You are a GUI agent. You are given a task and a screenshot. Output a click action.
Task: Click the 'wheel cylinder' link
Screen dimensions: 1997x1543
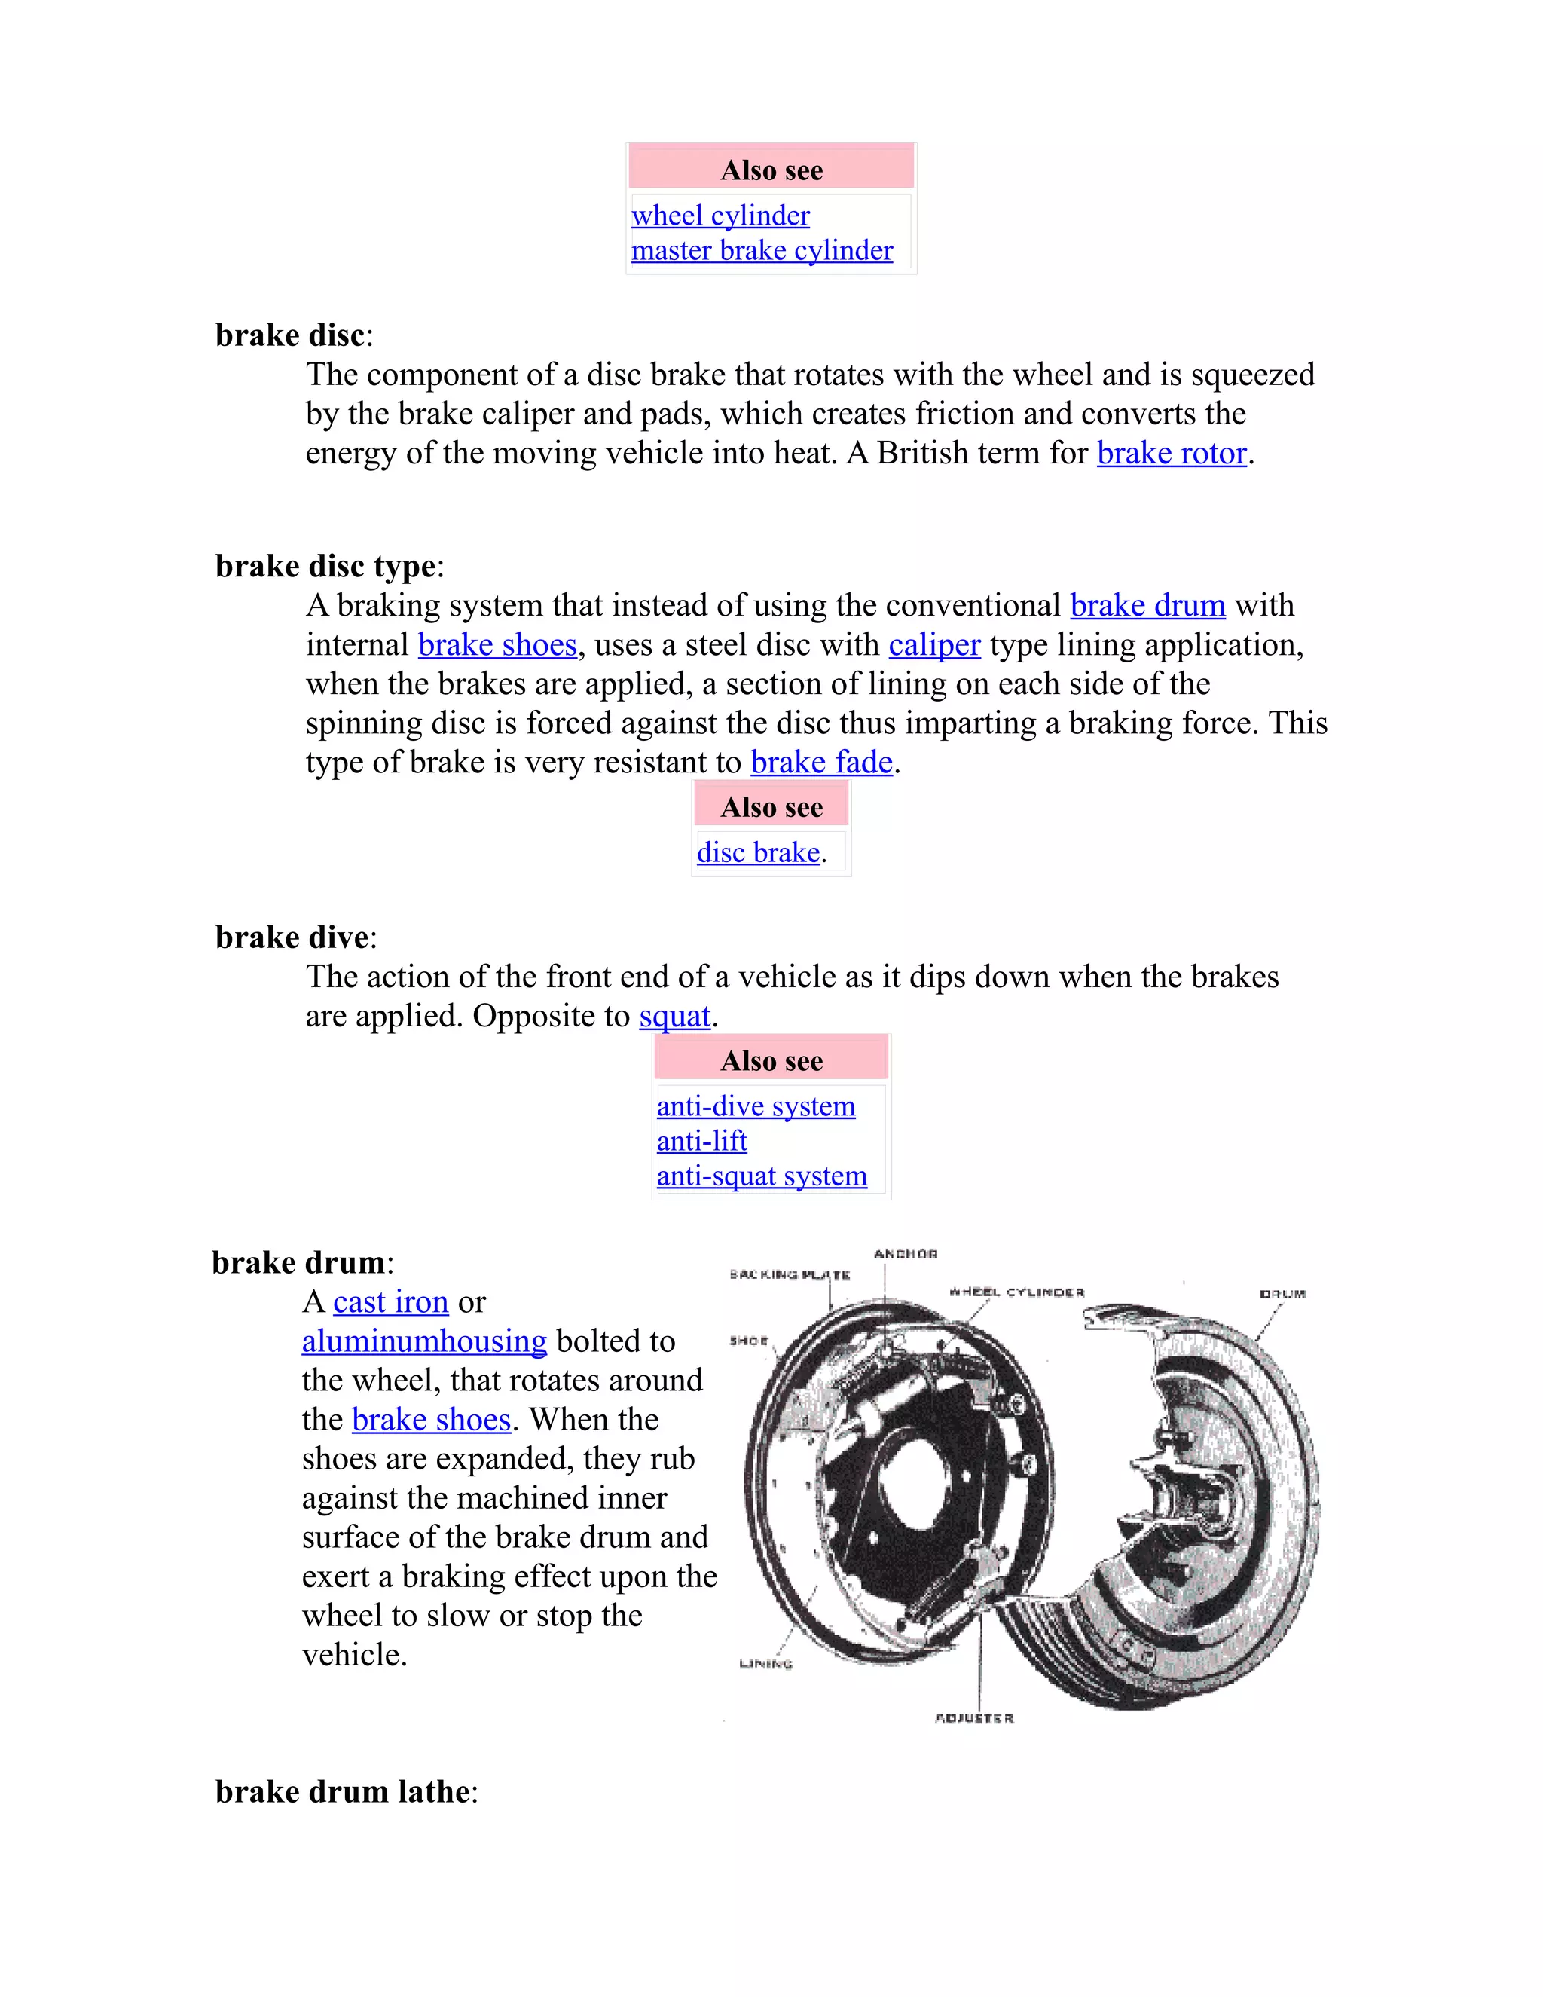coord(720,216)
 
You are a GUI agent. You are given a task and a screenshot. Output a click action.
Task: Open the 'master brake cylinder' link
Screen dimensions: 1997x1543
coord(762,250)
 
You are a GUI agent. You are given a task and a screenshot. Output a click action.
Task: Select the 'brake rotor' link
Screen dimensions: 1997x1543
coord(1172,454)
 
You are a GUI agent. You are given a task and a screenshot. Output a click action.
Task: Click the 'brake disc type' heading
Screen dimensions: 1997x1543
coord(325,567)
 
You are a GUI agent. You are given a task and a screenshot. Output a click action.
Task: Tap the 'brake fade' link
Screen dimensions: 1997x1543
coord(821,763)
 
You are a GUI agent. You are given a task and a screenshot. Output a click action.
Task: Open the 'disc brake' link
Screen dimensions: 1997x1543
coord(758,853)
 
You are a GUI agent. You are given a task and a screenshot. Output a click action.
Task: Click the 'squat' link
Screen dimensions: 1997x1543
coord(674,1017)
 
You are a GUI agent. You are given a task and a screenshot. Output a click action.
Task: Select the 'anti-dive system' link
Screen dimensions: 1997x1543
coord(756,1106)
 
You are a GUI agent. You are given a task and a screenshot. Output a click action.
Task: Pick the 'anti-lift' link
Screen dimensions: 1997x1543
coord(702,1141)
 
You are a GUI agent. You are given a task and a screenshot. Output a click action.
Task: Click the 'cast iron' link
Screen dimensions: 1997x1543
coord(390,1302)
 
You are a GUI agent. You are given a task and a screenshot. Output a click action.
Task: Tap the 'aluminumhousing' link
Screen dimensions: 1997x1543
coord(424,1341)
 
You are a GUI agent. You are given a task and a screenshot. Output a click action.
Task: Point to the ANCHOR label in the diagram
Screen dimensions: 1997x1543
coord(905,1254)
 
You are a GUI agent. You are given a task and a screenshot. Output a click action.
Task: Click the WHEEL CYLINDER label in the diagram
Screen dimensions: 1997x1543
coord(1016,1292)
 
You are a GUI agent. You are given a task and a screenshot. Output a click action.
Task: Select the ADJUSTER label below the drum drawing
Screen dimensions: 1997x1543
coord(973,1718)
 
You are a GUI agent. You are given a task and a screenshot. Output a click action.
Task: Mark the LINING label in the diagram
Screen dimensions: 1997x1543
coord(765,1663)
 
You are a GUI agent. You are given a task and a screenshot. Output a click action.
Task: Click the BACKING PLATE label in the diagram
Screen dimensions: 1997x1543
coord(790,1274)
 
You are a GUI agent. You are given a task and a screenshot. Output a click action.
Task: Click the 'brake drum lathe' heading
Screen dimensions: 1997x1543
coord(342,1792)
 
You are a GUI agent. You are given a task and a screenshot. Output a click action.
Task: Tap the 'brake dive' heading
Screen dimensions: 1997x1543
coord(292,938)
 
